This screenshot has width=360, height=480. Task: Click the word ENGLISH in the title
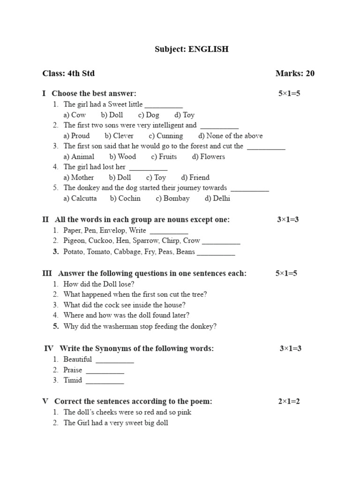coord(209,49)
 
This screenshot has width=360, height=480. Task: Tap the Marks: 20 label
coord(295,73)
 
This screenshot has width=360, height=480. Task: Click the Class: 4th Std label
coord(68,73)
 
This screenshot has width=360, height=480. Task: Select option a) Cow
coord(75,115)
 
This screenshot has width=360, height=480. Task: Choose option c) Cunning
coord(166,136)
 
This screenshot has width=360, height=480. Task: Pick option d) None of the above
coord(230,136)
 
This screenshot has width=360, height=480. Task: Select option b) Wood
coord(123,157)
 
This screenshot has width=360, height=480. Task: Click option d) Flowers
coord(209,157)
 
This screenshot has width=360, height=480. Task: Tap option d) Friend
coord(195,178)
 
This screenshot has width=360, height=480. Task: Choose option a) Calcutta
coord(80,198)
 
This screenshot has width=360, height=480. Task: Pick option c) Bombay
coord(173,198)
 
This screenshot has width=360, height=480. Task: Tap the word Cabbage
coord(128,252)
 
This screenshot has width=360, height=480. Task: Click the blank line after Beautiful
coord(115,360)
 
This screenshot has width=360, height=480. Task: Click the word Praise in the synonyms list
coord(73,370)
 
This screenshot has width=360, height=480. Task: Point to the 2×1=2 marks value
coord(289,401)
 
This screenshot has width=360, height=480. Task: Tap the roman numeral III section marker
coord(47,273)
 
